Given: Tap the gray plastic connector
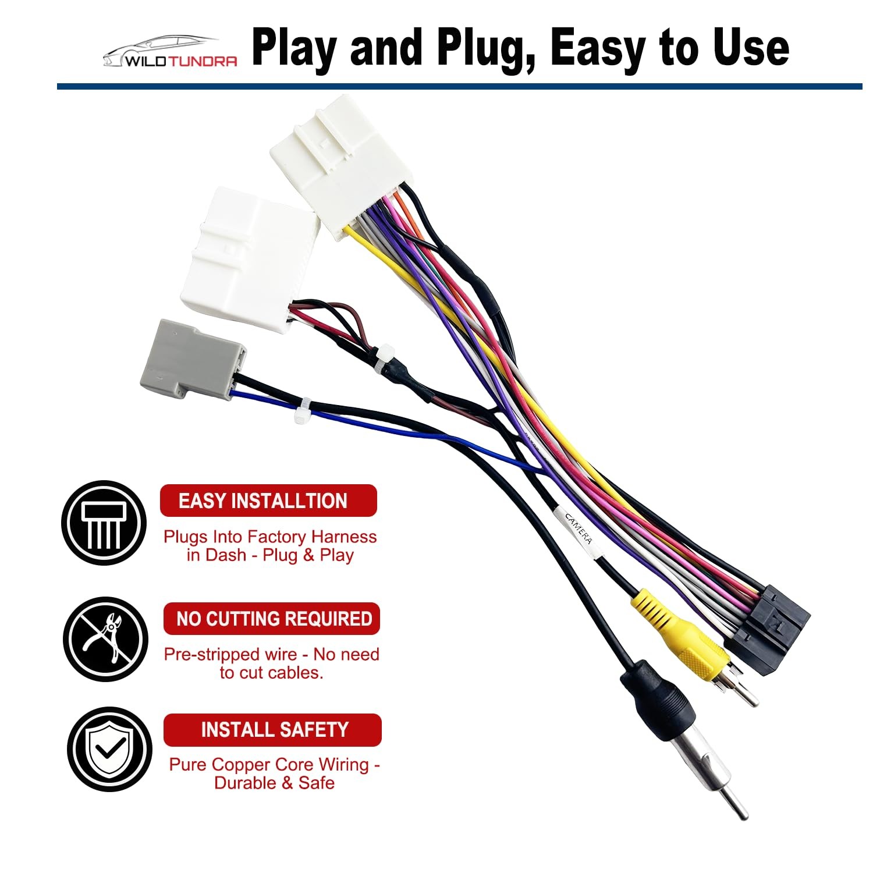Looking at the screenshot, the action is pyautogui.click(x=192, y=361).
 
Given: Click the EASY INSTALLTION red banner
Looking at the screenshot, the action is pyautogui.click(x=268, y=501).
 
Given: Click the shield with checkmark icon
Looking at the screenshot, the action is pyautogui.click(x=109, y=749).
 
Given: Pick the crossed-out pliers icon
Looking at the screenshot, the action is pyautogui.click(x=105, y=639).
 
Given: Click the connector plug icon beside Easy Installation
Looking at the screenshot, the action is pyautogui.click(x=104, y=522).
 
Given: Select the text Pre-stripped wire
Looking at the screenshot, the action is pyautogui.click(x=230, y=654).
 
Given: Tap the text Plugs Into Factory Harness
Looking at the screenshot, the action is pyautogui.click(x=270, y=537).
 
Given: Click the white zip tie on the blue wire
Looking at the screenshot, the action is pyautogui.click(x=302, y=411).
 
